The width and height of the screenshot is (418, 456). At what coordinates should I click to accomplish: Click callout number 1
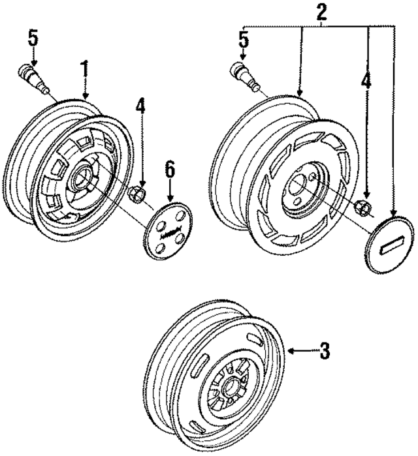pos(84,68)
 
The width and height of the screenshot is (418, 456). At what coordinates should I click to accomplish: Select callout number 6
pos(170,170)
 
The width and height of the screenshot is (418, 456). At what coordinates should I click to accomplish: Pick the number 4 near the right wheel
pos(366,84)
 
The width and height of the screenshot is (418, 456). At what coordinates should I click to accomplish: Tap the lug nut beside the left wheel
pos(138,194)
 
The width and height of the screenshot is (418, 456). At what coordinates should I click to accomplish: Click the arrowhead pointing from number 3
pos(292,352)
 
